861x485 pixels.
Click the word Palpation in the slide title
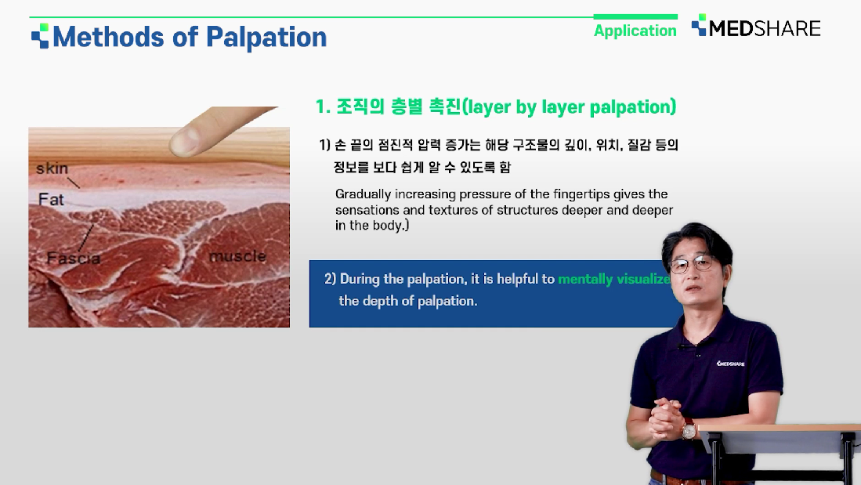[266, 38]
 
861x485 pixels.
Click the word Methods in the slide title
[108, 37]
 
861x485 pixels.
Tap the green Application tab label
[635, 31]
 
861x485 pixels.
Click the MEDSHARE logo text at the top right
[765, 28]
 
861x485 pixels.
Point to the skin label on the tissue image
[52, 168]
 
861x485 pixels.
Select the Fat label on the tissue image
[51, 199]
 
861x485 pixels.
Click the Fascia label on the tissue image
[74, 258]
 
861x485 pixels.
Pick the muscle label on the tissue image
[237, 256]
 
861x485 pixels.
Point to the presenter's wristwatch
[688, 429]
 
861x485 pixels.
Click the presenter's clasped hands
[665, 418]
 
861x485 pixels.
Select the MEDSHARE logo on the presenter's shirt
[730, 363]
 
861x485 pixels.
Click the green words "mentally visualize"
[614, 279]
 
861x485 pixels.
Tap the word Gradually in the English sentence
[363, 194]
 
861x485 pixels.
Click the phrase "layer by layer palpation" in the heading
[569, 107]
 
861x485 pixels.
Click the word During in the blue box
[360, 279]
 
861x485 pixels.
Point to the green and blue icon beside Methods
[40, 36]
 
